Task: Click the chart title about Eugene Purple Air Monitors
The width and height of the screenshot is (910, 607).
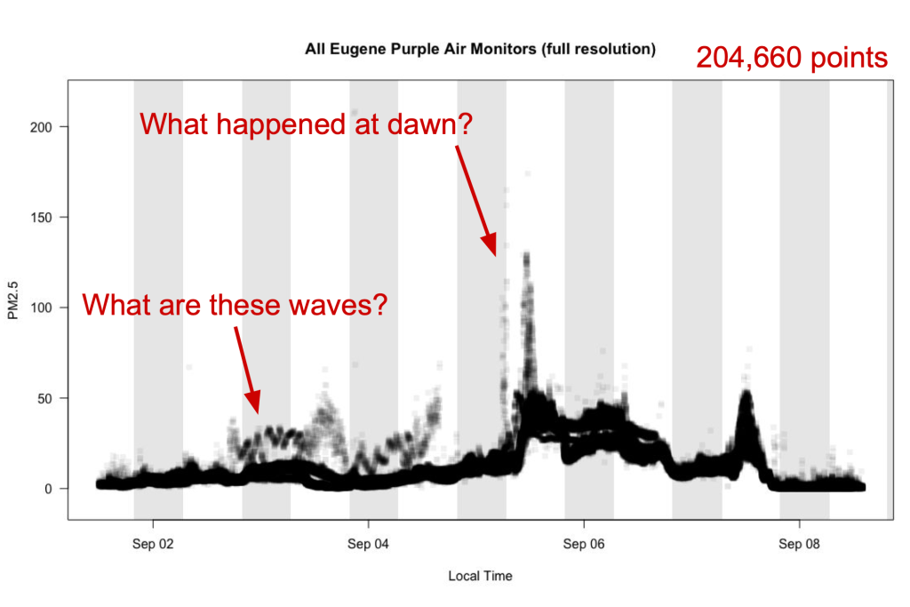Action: coord(480,50)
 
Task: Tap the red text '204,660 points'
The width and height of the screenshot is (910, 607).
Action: coord(792,58)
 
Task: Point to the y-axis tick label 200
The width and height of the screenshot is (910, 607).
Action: coord(51,126)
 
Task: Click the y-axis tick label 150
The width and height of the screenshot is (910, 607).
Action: coord(51,217)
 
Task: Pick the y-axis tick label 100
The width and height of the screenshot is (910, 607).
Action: coord(51,307)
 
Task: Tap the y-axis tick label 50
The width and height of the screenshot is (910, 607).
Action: coord(54,398)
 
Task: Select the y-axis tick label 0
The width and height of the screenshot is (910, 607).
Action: coord(58,489)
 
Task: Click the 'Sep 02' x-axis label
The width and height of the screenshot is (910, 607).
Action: coord(154,544)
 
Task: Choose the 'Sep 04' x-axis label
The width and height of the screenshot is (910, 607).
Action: coord(369,544)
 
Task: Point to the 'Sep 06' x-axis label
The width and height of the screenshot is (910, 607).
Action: coord(584,544)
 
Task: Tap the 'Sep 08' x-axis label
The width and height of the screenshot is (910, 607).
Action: coord(799,544)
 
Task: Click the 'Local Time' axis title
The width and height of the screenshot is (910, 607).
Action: coord(480,576)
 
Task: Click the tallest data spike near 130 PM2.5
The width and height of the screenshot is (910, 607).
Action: coord(527,257)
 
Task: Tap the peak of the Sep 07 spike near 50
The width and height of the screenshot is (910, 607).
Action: coord(746,393)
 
